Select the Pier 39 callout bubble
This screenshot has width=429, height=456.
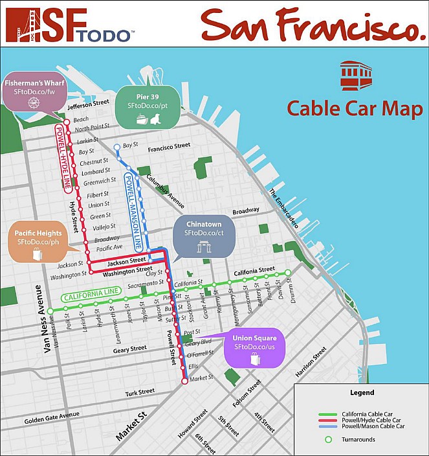[148, 106]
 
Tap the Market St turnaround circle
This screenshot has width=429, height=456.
[184, 382]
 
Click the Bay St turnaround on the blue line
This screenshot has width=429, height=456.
[117, 147]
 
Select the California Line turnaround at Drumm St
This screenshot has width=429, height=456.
[288, 272]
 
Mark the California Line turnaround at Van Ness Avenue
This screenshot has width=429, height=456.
[49, 310]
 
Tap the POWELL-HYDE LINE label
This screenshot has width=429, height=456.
[63, 155]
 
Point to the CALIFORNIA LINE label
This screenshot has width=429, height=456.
[90, 295]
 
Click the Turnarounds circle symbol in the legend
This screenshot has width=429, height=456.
[328, 440]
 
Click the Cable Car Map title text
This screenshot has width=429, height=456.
[355, 108]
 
